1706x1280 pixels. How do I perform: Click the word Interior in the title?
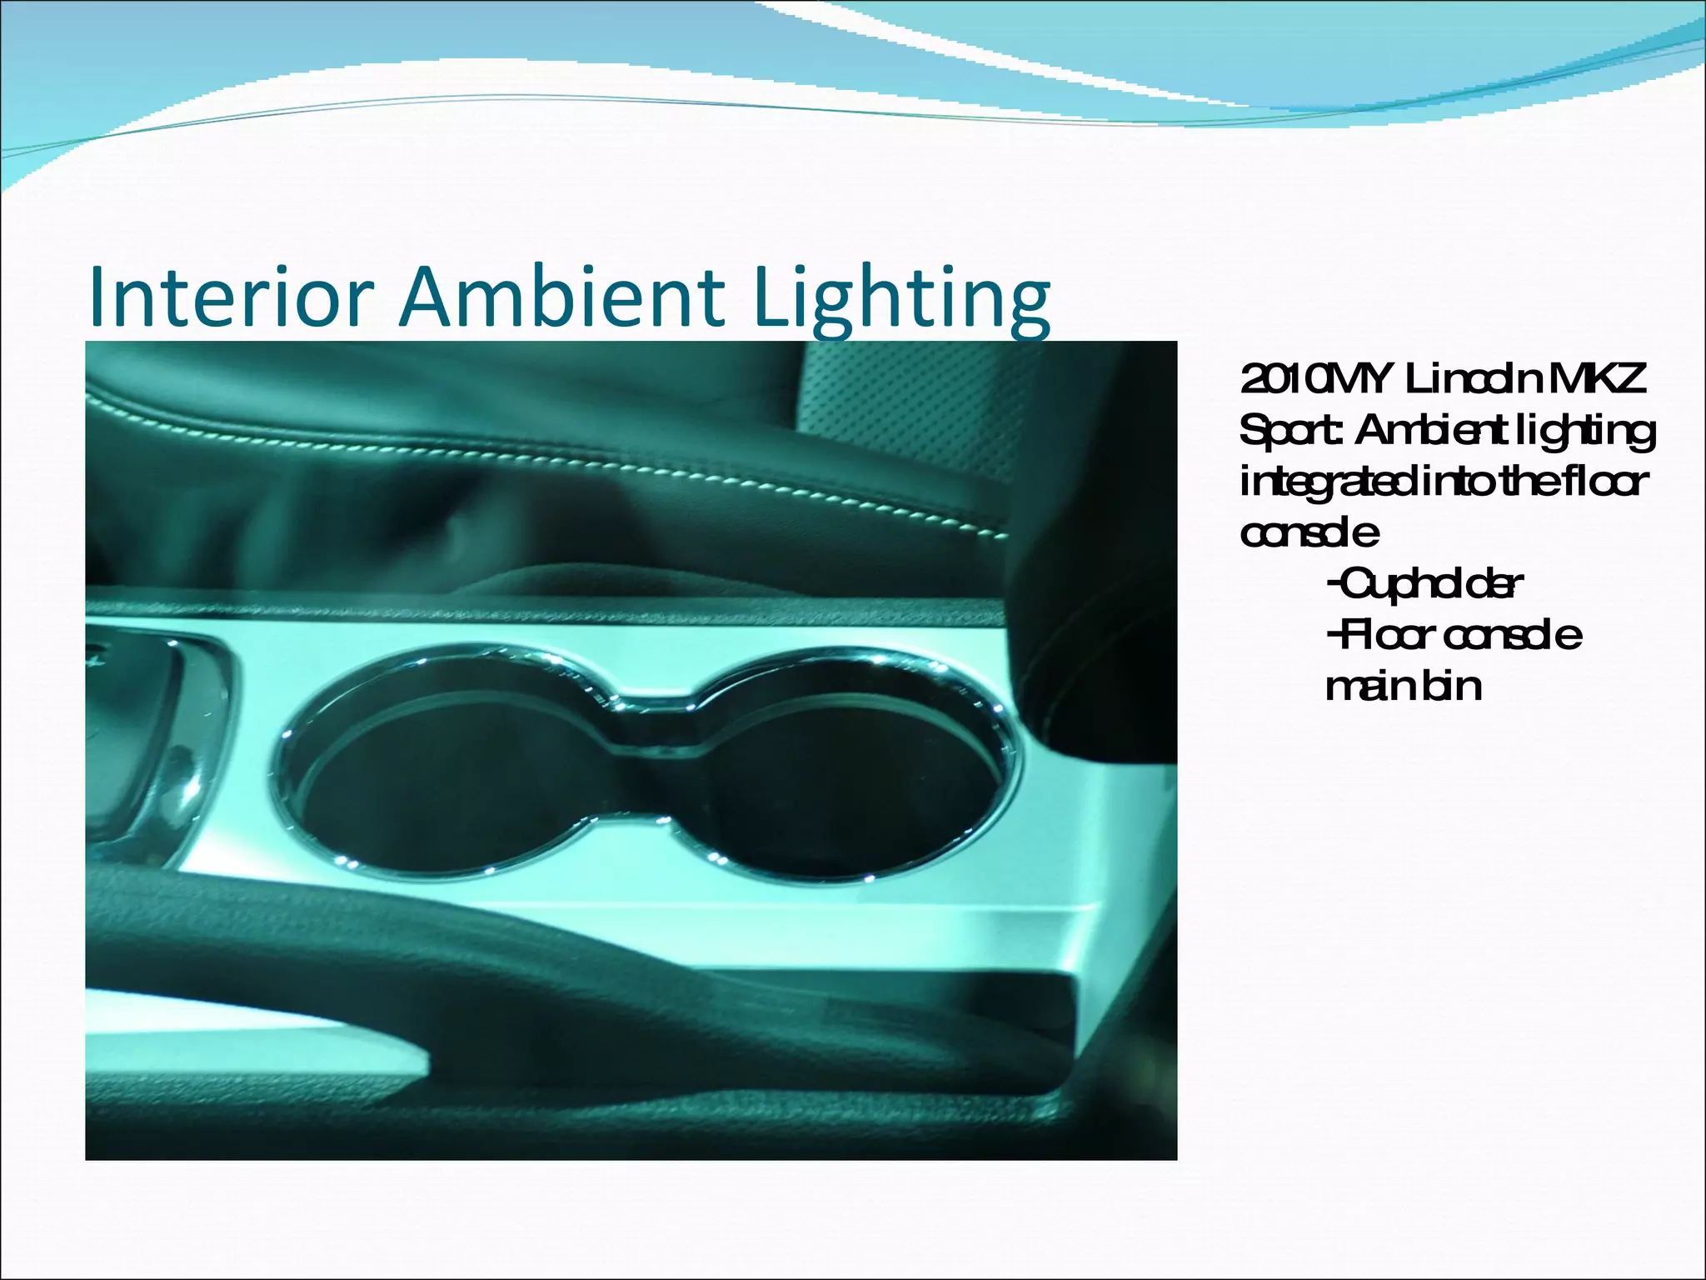point(230,297)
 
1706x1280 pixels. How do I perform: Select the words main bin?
point(1404,687)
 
